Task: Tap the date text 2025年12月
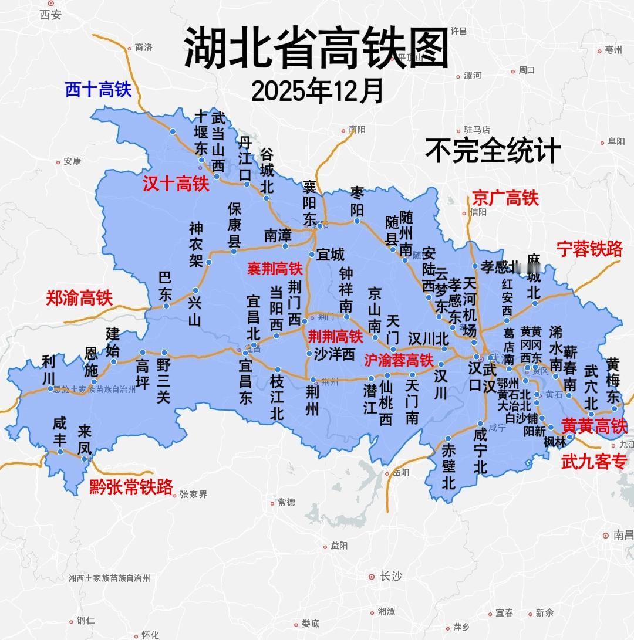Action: pos(318,91)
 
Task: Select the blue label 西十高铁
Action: pos(98,90)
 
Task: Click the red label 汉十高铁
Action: pos(176,184)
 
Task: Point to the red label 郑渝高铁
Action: pos(79,298)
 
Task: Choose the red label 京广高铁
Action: pos(505,198)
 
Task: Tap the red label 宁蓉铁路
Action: pos(589,249)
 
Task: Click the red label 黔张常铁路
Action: pos(131,487)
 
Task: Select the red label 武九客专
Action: pos(594,462)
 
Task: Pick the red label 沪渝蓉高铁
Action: pos(399,360)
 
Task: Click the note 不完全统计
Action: pos(493,151)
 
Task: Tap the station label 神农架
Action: pos(196,245)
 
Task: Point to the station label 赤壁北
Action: pos(449,467)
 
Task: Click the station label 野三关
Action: pos(163,381)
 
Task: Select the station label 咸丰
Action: pos(59,431)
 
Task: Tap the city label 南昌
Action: pos(623,535)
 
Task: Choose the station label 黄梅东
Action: pos(613,380)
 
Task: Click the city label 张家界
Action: pos(194,495)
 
